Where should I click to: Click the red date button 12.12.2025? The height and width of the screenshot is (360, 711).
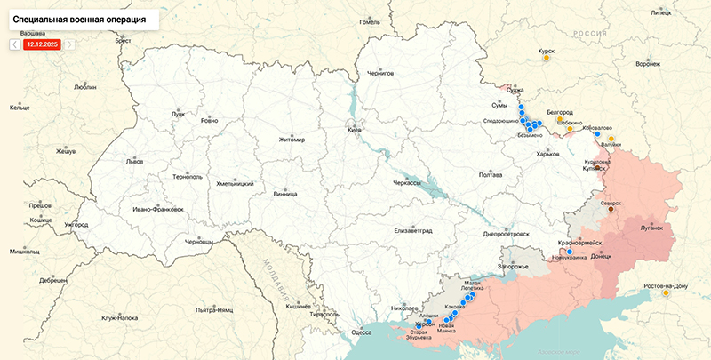(x=42, y=44)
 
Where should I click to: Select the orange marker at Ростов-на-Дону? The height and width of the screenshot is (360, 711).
(x=665, y=293)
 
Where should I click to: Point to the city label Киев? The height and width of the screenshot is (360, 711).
(x=354, y=131)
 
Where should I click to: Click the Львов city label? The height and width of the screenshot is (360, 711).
(x=134, y=163)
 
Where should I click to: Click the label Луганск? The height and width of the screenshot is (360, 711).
(x=651, y=228)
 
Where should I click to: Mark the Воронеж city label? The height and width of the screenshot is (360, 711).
(x=648, y=65)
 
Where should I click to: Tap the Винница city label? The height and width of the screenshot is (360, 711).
(x=285, y=193)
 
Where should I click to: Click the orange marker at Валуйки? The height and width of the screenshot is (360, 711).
(x=611, y=139)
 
